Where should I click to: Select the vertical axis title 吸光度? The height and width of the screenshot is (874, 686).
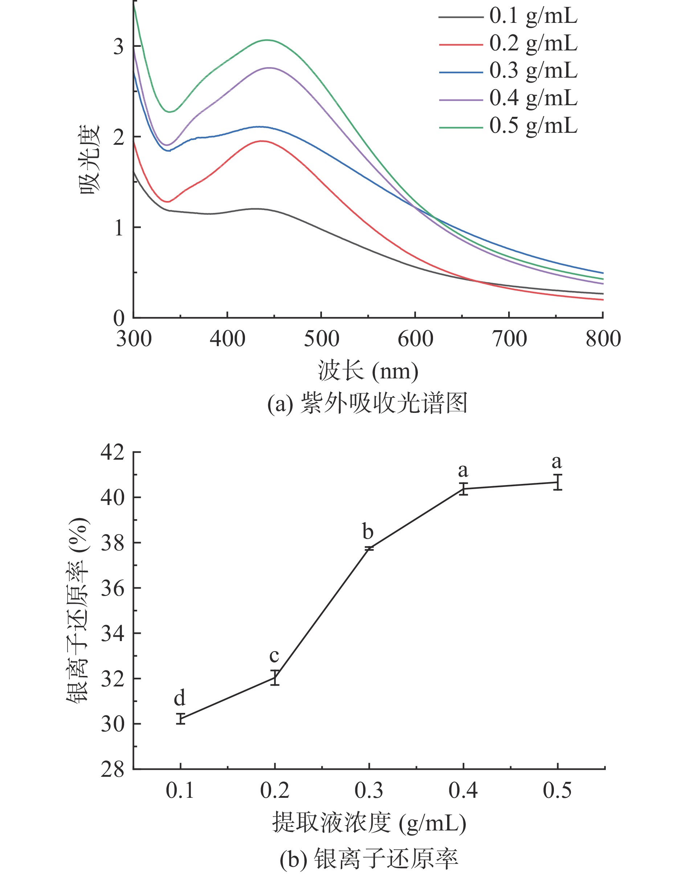coord(89,160)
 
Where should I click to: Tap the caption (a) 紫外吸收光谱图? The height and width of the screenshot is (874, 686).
coord(367,403)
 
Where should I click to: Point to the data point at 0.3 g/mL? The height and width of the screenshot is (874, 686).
coord(369,549)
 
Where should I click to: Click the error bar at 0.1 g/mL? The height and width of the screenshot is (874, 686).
coord(181,719)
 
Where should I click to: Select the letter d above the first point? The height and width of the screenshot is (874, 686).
coord(180,698)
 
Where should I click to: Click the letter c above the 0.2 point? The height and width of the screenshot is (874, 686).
coord(274,656)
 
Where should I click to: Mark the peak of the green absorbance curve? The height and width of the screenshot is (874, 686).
coord(267,40)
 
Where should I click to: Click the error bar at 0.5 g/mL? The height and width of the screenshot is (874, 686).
coord(558,482)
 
